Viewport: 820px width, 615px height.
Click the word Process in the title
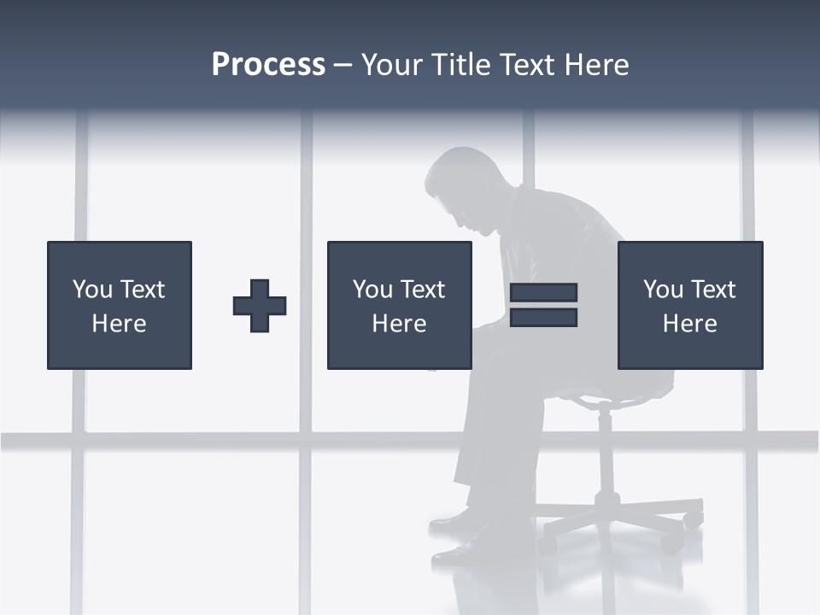click(268, 65)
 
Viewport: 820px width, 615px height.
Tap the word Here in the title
click(596, 65)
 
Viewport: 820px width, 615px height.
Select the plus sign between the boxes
click(260, 306)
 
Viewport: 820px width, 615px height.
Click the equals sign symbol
click(543, 305)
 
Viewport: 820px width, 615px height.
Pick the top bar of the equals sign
click(543, 293)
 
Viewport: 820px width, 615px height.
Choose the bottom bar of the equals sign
click(543, 318)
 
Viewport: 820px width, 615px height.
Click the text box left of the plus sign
click(120, 305)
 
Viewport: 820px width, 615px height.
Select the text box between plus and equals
click(399, 305)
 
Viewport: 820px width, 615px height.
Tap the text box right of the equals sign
click(690, 305)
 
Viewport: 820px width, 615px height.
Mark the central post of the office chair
click(605, 453)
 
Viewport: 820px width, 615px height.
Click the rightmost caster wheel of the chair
click(694, 518)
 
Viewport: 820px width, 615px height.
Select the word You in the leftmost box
click(92, 290)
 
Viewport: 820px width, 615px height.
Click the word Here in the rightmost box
click(690, 324)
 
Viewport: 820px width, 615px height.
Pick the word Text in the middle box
click(422, 290)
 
